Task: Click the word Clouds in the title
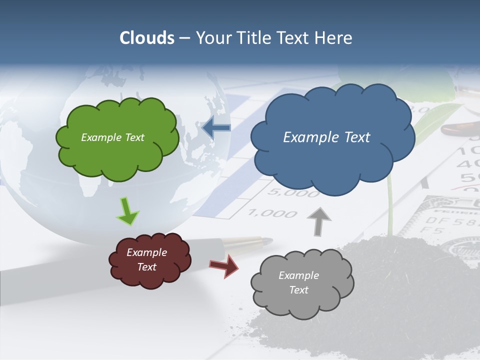tap(147, 38)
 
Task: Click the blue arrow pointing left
tap(216, 128)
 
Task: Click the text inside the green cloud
tap(112, 137)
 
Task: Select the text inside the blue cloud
tap(326, 137)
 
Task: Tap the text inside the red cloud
tap(147, 259)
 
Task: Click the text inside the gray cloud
tap(298, 282)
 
